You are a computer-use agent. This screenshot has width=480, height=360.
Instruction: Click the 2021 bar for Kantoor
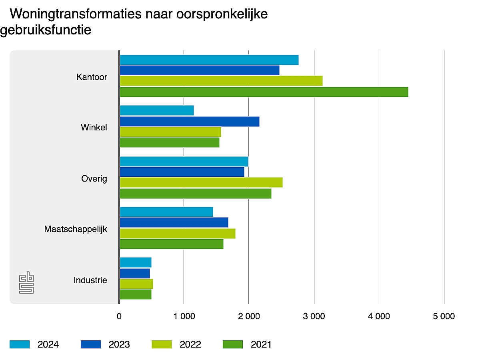pyautogui.click(x=264, y=92)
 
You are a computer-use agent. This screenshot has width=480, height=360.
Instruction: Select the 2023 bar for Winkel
pyautogui.click(x=190, y=121)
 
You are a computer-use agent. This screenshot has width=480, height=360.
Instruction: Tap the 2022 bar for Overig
pyautogui.click(x=201, y=182)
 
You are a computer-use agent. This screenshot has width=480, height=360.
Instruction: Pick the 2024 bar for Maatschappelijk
pyautogui.click(x=166, y=212)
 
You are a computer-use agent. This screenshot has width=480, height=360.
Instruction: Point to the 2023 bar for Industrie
pyautogui.click(x=135, y=274)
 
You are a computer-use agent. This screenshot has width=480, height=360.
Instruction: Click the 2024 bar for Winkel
pyautogui.click(x=157, y=110)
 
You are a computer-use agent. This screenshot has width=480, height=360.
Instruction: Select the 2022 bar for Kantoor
pyautogui.click(x=221, y=81)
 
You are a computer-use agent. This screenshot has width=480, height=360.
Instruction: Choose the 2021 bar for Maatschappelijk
pyautogui.click(x=172, y=244)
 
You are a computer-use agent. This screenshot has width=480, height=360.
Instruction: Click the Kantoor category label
pyautogui.click(x=92, y=77)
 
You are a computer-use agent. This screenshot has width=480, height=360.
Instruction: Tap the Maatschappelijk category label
pyautogui.click(x=76, y=230)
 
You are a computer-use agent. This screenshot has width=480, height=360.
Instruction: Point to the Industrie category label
pyautogui.click(x=90, y=280)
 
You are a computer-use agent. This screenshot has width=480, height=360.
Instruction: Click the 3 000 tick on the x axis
pyautogui.click(x=314, y=316)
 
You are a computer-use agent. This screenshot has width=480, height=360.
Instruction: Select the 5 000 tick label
pyautogui.click(x=444, y=316)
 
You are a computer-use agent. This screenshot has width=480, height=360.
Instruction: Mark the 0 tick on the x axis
pyautogui.click(x=119, y=316)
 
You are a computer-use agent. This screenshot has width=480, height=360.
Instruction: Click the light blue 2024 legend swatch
pyautogui.click(x=20, y=344)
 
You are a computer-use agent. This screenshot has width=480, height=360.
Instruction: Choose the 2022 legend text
pyautogui.click(x=190, y=344)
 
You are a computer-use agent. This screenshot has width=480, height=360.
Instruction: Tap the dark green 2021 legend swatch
pyautogui.click(x=232, y=344)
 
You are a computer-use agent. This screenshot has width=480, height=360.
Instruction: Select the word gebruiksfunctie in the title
pyautogui.click(x=46, y=30)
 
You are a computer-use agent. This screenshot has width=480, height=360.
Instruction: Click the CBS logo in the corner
pyautogui.click(x=26, y=283)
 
